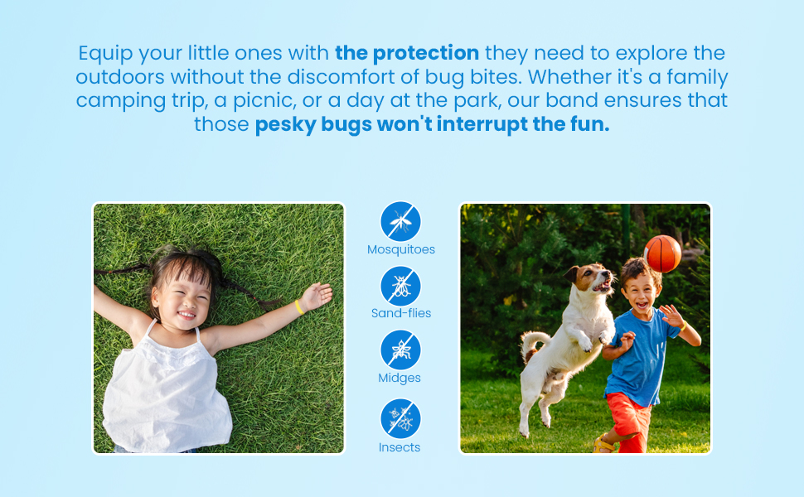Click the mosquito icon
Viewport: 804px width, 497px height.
pos(401,222)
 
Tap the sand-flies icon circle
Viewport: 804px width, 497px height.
pos(401,286)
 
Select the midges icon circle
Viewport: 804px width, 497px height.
pos(401,350)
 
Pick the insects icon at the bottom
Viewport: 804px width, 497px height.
pos(401,419)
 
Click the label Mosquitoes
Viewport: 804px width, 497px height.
pos(401,249)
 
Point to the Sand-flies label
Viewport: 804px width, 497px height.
pos(401,313)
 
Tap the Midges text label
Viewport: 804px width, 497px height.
pos(400,378)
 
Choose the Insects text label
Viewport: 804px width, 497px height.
pos(400,447)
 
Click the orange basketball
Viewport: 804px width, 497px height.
pos(662,253)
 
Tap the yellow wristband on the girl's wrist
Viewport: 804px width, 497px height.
pos(298,306)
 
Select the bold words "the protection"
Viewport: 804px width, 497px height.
pos(407,54)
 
